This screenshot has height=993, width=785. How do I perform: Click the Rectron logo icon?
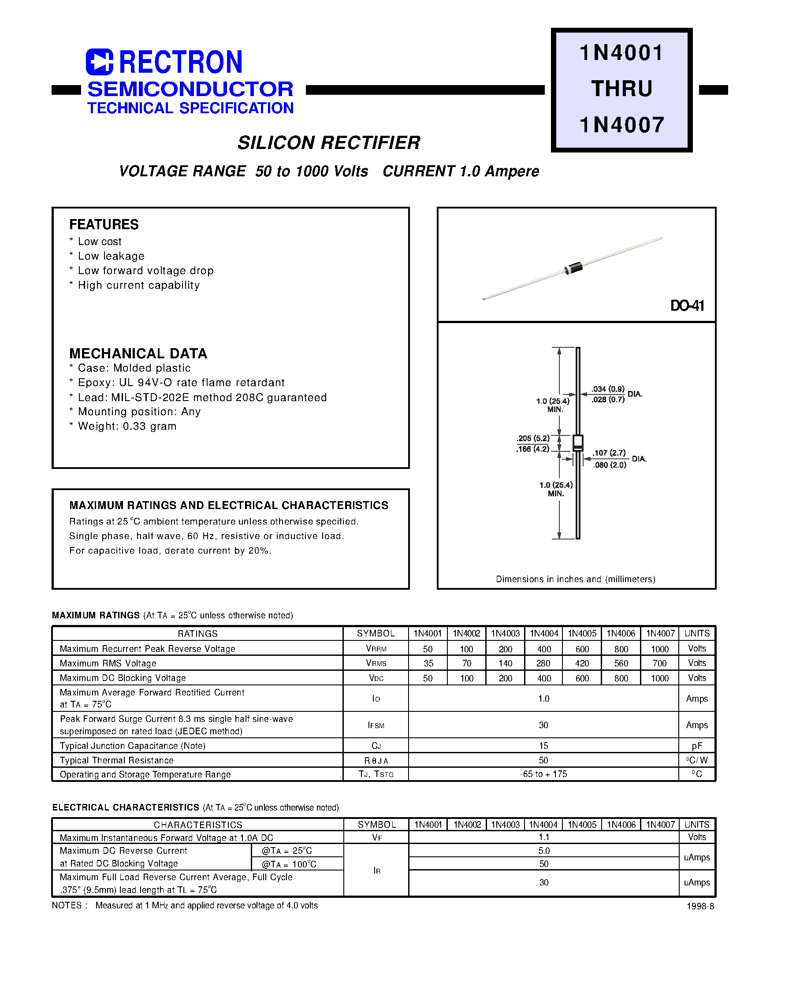[99, 62]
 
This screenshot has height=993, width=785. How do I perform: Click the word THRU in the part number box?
[621, 89]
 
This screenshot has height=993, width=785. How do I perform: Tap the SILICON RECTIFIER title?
[329, 143]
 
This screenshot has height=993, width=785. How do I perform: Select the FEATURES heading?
[104, 224]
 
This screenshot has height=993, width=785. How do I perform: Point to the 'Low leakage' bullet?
[111, 256]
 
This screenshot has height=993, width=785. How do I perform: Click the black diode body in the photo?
[574, 268]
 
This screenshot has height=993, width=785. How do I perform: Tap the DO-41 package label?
[687, 305]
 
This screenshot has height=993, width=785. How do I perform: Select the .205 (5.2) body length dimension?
[533, 439]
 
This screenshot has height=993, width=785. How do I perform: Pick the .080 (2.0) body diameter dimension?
[610, 465]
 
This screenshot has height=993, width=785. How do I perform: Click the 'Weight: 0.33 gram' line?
[127, 426]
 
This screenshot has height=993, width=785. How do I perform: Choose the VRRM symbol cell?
[376, 648]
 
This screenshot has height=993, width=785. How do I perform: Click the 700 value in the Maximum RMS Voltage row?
[659, 663]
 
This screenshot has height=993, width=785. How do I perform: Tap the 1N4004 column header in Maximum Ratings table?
[544, 633]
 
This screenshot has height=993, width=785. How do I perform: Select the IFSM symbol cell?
[376, 725]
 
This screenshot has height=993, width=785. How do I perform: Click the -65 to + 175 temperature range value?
[543, 774]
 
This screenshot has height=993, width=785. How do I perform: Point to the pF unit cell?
[697, 745]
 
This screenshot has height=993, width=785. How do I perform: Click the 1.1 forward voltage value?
[544, 837]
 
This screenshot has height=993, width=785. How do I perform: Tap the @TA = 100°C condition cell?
[289, 864]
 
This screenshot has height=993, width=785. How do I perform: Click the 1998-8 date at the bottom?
[700, 906]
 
